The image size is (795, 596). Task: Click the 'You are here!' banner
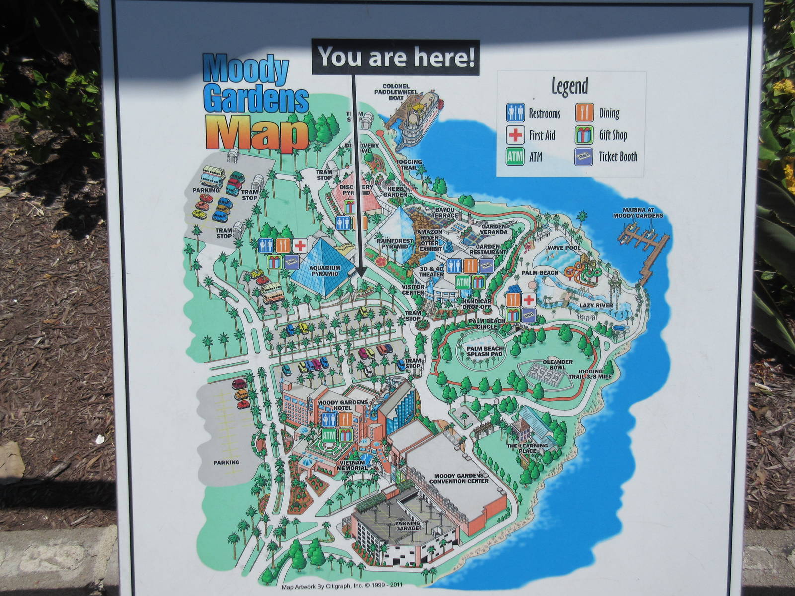(x=396, y=57)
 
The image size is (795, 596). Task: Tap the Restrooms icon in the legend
(x=515, y=113)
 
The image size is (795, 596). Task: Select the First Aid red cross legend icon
(x=515, y=135)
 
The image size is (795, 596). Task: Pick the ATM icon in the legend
(x=515, y=157)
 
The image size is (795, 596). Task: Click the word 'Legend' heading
(x=569, y=86)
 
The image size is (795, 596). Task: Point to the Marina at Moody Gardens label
(x=637, y=213)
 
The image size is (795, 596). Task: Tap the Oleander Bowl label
(x=558, y=365)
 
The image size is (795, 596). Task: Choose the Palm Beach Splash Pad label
(x=484, y=352)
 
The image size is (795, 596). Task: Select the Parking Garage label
(x=407, y=525)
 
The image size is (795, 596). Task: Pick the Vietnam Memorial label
(x=352, y=465)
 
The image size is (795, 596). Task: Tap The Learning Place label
(x=527, y=448)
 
